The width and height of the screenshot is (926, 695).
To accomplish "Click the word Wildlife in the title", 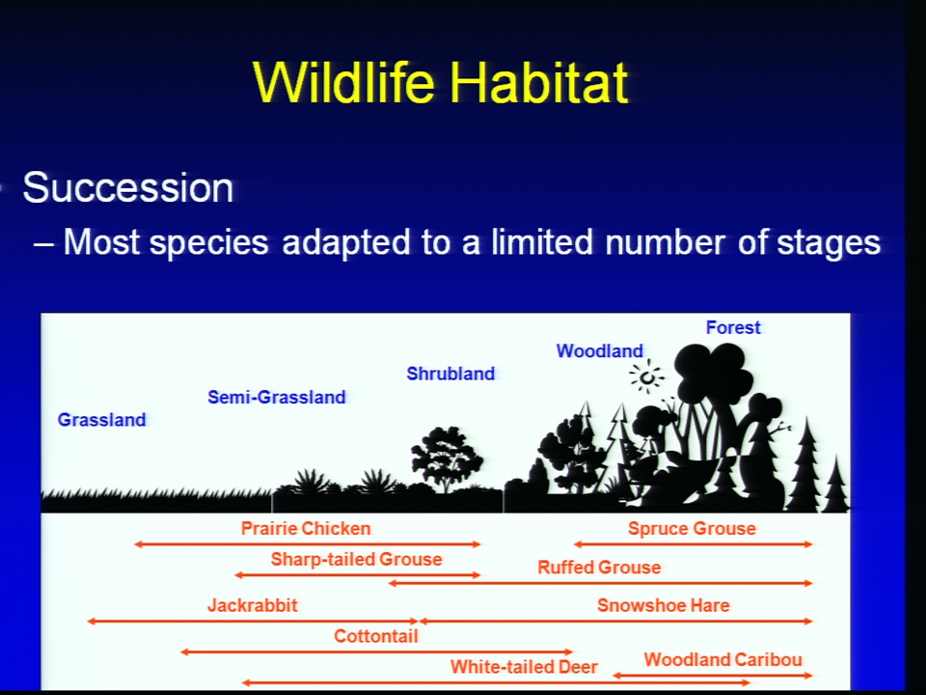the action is tap(343, 82).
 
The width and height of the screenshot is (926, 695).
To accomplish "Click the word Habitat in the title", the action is tap(538, 82).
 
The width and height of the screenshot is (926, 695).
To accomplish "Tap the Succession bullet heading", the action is tap(128, 188).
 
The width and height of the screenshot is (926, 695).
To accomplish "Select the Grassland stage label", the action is tap(101, 420).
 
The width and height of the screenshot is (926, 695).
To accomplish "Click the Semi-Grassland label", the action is tap(277, 397).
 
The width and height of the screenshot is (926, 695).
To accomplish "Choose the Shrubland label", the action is tap(450, 374).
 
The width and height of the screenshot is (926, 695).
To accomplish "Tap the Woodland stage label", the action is tap(599, 351).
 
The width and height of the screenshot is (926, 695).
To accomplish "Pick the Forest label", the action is tap(733, 327).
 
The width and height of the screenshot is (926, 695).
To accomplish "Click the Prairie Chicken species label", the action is tap(306, 528).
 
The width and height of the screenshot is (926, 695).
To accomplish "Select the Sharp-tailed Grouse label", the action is tap(356, 559).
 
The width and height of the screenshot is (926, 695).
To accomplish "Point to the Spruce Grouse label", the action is tap(692, 528).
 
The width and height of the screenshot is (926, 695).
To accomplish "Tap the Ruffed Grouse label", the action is tap(599, 568).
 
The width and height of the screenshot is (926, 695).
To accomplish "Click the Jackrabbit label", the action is tap(252, 605).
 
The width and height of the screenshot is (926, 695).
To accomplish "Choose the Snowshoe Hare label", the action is tap(664, 605).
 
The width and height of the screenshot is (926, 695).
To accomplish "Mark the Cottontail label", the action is tap(376, 636).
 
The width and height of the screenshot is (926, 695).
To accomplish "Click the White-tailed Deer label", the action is tap(524, 667).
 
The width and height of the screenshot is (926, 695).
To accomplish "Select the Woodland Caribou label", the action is tap(722, 659).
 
